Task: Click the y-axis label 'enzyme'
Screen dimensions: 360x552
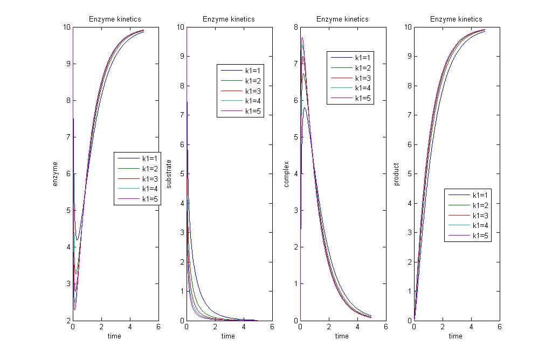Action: [55, 174]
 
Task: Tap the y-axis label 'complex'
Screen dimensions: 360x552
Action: [286, 174]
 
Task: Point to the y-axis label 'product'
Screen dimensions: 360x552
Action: [397, 174]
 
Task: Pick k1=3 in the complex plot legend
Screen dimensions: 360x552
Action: [362, 78]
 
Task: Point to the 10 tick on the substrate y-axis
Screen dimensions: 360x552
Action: [180, 27]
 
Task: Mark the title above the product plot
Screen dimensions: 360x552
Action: [456, 19]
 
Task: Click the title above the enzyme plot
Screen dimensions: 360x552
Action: [115, 19]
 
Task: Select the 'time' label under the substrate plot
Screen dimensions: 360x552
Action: [228, 336]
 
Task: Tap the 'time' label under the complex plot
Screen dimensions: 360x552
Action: [342, 336]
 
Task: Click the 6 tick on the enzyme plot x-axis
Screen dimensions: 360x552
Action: [158, 327]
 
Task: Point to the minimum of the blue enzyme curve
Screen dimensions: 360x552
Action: [77, 240]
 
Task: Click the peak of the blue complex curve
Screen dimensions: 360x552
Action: [305, 108]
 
